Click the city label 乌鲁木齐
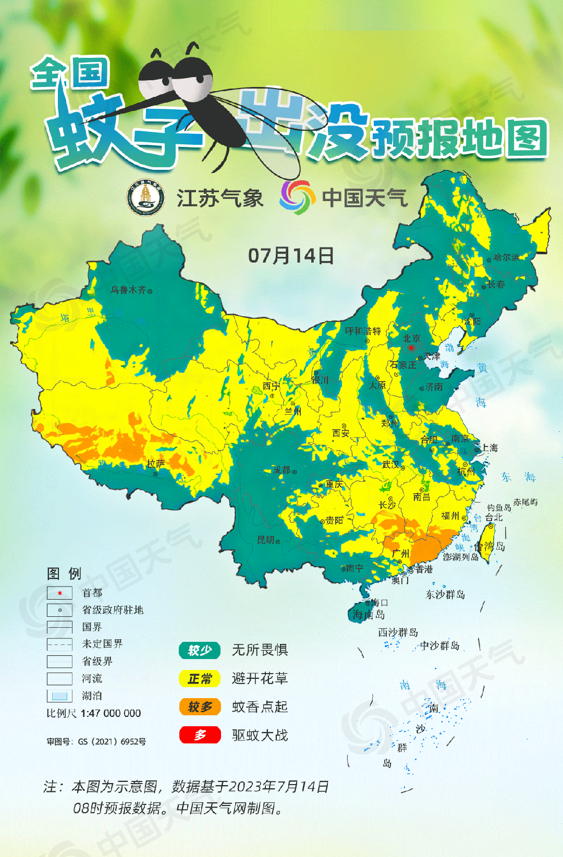pos(128,290)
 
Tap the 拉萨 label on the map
pos(155,463)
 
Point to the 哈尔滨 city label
pos(506,257)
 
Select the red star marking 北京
pos(411,347)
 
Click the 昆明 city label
pos(266,540)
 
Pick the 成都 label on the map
pos(282,470)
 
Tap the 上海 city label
pos(489,448)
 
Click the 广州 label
pos(400,553)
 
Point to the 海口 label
pos(379,603)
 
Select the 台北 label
pos(494,517)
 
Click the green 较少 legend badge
pos(200,650)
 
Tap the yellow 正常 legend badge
pos(200,679)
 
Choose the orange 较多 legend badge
pos(200,707)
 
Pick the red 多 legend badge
pos(200,735)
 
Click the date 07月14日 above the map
pos(290,255)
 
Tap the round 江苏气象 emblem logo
pos(146,198)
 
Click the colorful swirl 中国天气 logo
pos(297,197)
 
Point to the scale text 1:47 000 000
pos(111,713)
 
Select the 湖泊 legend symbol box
pos(59,695)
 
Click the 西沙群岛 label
pos(398,632)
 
